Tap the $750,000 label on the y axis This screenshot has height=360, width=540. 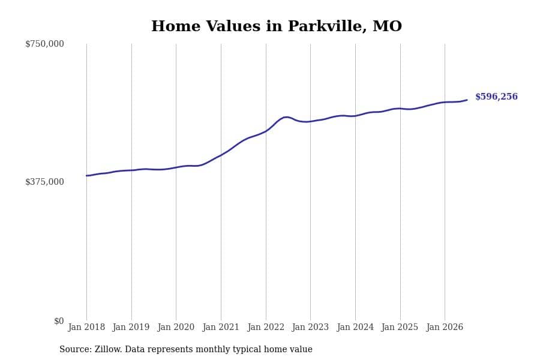pos(44,44)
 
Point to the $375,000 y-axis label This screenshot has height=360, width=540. pos(44,182)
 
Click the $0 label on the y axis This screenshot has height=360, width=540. pos(59,321)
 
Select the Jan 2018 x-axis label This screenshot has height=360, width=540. pos(86,327)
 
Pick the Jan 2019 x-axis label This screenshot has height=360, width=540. pos(131,327)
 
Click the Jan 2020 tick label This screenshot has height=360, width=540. pos(176,327)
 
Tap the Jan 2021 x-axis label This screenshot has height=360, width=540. pos(220,327)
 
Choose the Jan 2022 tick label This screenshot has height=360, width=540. pos(266,327)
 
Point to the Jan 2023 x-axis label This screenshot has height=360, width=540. pos(310,327)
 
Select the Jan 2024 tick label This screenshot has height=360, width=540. pos(355,327)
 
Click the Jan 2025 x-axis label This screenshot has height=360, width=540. pos(400,327)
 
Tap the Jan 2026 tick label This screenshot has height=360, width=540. pos(445,327)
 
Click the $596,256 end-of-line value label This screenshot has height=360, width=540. pos(496,97)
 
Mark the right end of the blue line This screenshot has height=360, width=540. pos(467,100)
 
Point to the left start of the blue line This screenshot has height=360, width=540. pos(86,176)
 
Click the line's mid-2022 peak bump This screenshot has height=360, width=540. pos(286,117)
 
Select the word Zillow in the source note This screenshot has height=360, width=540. pos(108,349)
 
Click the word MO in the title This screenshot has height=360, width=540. pos(387,26)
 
